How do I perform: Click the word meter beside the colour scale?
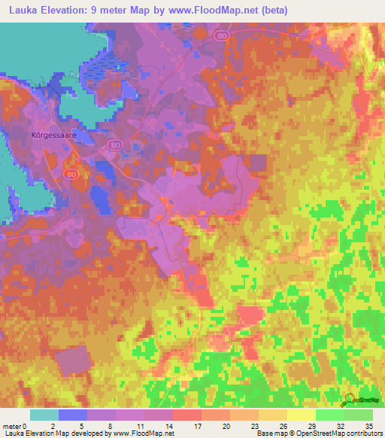(13, 425)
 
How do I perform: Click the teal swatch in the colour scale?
(44, 415)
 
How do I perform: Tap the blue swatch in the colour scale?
(73, 415)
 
